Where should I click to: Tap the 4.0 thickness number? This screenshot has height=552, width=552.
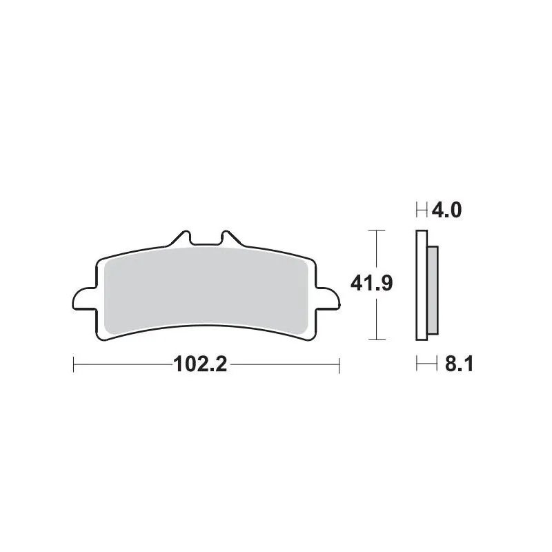tap(446, 210)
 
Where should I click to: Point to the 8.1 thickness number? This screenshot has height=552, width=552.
tap(457, 364)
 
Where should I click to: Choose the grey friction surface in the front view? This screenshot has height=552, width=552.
tap(205, 290)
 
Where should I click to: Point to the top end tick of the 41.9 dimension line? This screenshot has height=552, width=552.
tap(375, 230)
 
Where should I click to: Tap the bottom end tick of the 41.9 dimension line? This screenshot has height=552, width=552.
tap(375, 339)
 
